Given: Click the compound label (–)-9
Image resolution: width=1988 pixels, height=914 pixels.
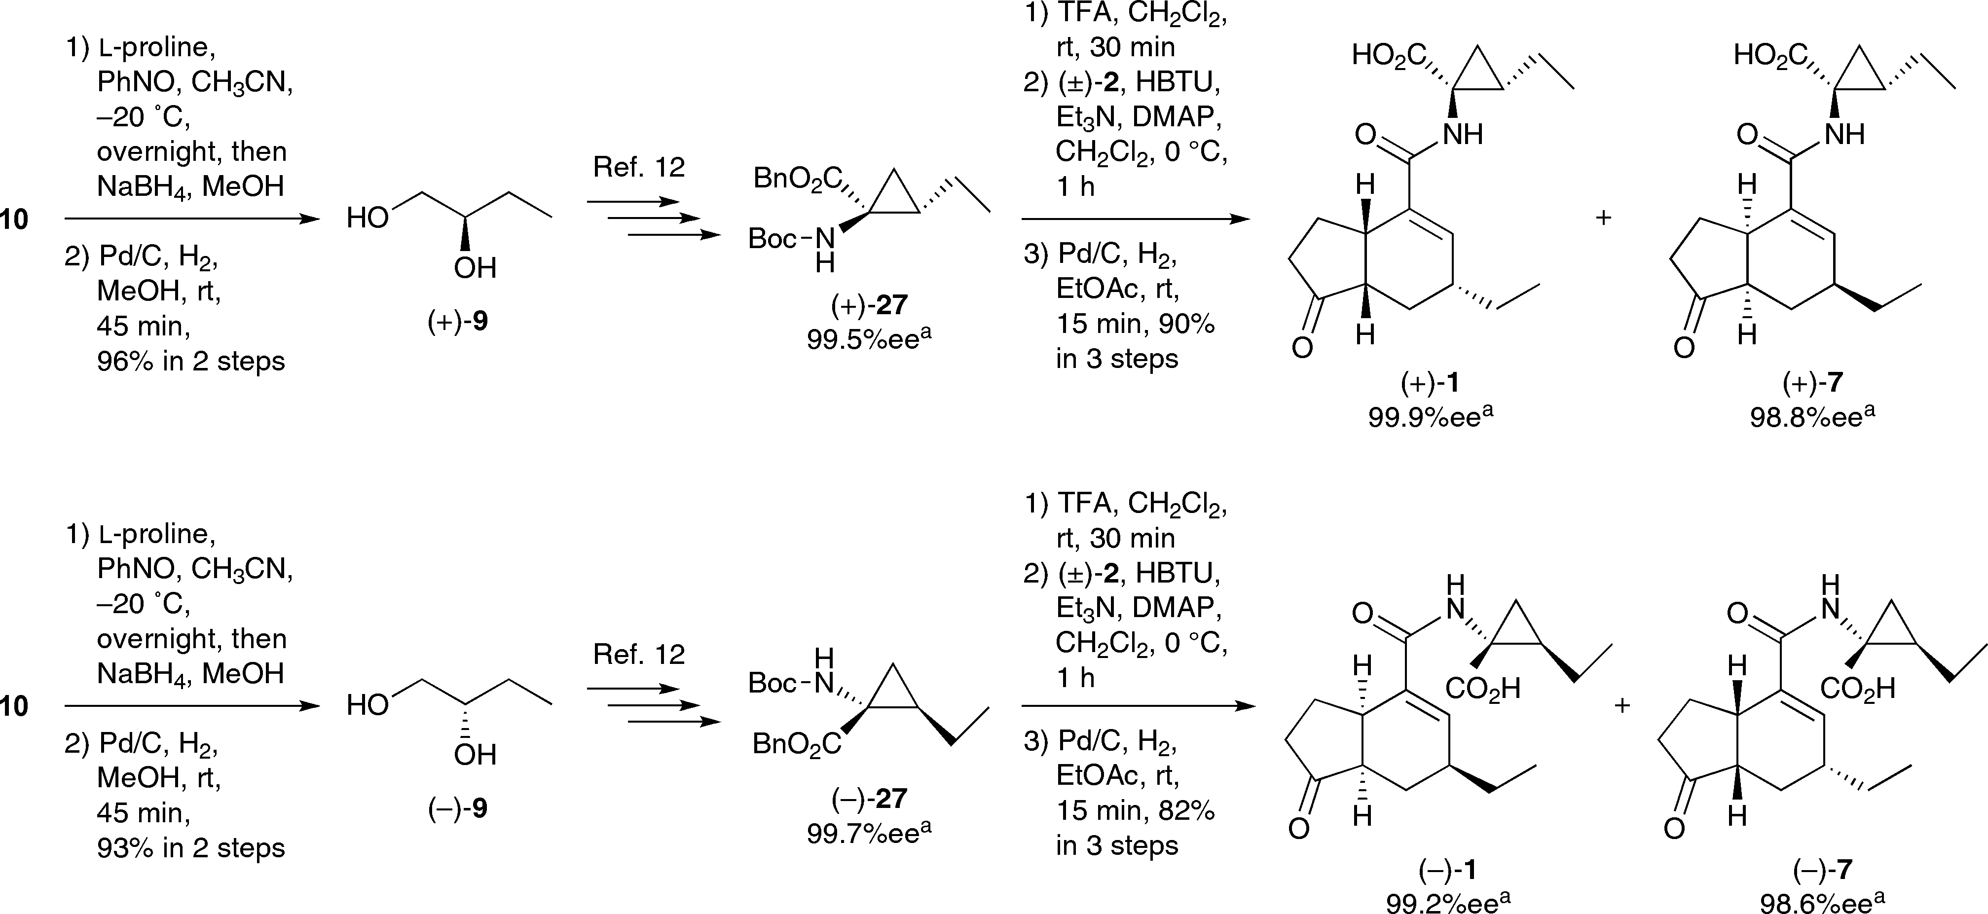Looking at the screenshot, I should [x=458, y=808].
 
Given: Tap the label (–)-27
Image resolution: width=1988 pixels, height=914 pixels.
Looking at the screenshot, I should [x=869, y=798].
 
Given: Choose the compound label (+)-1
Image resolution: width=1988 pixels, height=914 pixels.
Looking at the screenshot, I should [x=1430, y=383].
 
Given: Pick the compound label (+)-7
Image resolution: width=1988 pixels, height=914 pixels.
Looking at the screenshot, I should [x=1812, y=383].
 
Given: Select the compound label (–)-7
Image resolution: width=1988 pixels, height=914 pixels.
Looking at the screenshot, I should [x=1823, y=870].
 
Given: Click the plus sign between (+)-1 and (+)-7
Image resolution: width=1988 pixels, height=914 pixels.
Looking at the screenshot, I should [x=1603, y=219].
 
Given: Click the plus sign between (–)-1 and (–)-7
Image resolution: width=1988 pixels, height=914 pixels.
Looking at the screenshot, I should [x=1622, y=705].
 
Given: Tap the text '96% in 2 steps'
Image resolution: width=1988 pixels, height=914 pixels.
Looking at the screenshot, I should [x=190, y=361].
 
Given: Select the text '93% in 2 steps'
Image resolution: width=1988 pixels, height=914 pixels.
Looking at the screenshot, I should [x=190, y=847].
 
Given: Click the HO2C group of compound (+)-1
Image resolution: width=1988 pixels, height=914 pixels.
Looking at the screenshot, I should [x=1389, y=56].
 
